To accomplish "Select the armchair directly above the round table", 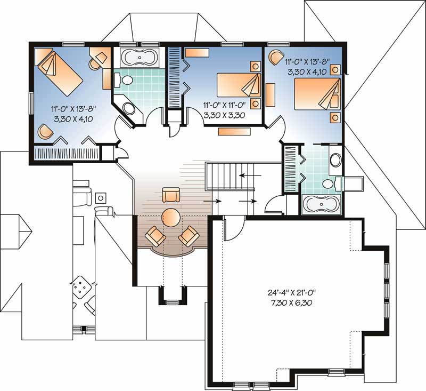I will [171, 195].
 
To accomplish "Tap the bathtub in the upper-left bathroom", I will [140, 58].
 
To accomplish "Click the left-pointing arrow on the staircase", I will [246, 174].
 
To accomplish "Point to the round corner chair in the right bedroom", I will [276, 56].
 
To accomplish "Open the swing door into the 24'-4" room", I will [232, 229].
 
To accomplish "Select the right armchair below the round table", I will [188, 236].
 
